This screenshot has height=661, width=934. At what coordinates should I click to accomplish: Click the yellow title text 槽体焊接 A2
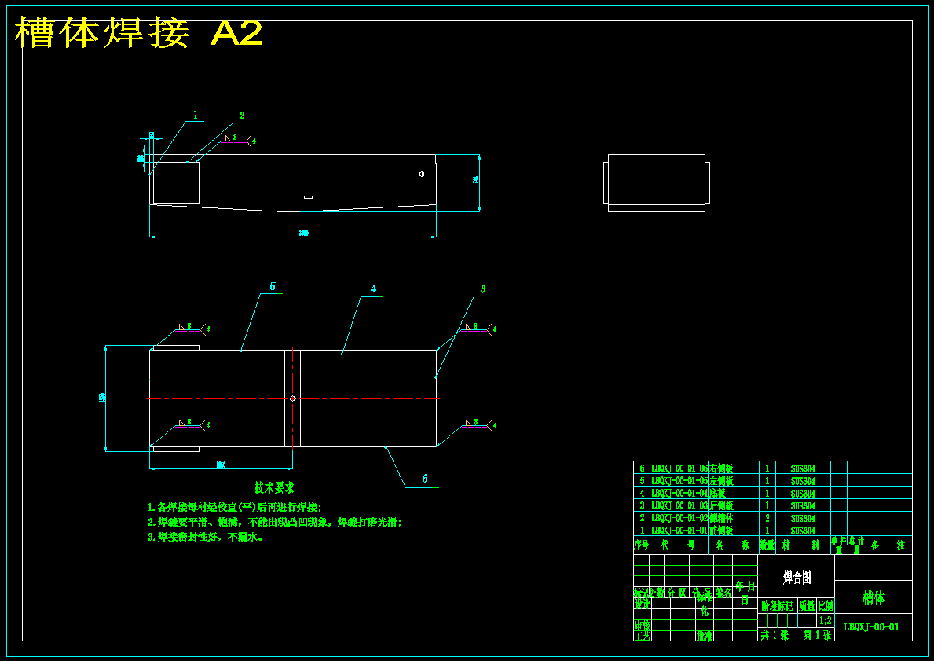pos(139,34)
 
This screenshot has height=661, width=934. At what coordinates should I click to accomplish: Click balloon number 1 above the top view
pos(196,116)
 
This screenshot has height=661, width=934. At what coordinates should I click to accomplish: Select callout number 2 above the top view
pos(242,116)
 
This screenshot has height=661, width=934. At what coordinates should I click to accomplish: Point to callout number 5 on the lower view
pos(273,287)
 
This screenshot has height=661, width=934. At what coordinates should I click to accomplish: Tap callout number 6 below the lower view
pos(425,478)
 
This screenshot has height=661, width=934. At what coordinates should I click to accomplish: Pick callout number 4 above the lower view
pos(374,289)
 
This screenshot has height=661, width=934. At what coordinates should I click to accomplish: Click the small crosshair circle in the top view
pos(422,174)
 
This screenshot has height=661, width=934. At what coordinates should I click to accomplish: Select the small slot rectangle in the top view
pos(308,197)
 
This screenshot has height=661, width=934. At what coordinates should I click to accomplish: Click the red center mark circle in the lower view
pos(292,398)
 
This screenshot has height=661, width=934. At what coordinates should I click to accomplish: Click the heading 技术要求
pos(274,488)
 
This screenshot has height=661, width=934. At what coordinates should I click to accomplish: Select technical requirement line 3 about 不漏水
pos(205,537)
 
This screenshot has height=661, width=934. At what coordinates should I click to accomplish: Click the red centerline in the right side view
pos(657,183)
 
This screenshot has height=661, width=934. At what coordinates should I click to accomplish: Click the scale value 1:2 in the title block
pos(825,620)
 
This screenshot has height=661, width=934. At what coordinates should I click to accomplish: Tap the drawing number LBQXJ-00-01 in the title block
pos(872,627)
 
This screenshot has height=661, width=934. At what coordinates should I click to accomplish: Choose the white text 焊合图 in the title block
pos(797,578)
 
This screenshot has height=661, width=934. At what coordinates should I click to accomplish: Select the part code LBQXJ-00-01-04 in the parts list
pos(679,494)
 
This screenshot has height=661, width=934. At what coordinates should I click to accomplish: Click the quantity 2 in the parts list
pos(767,519)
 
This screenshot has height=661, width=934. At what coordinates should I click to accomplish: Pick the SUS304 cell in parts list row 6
pos(803,468)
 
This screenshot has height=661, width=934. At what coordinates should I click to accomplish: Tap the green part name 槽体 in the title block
pos(873,598)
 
